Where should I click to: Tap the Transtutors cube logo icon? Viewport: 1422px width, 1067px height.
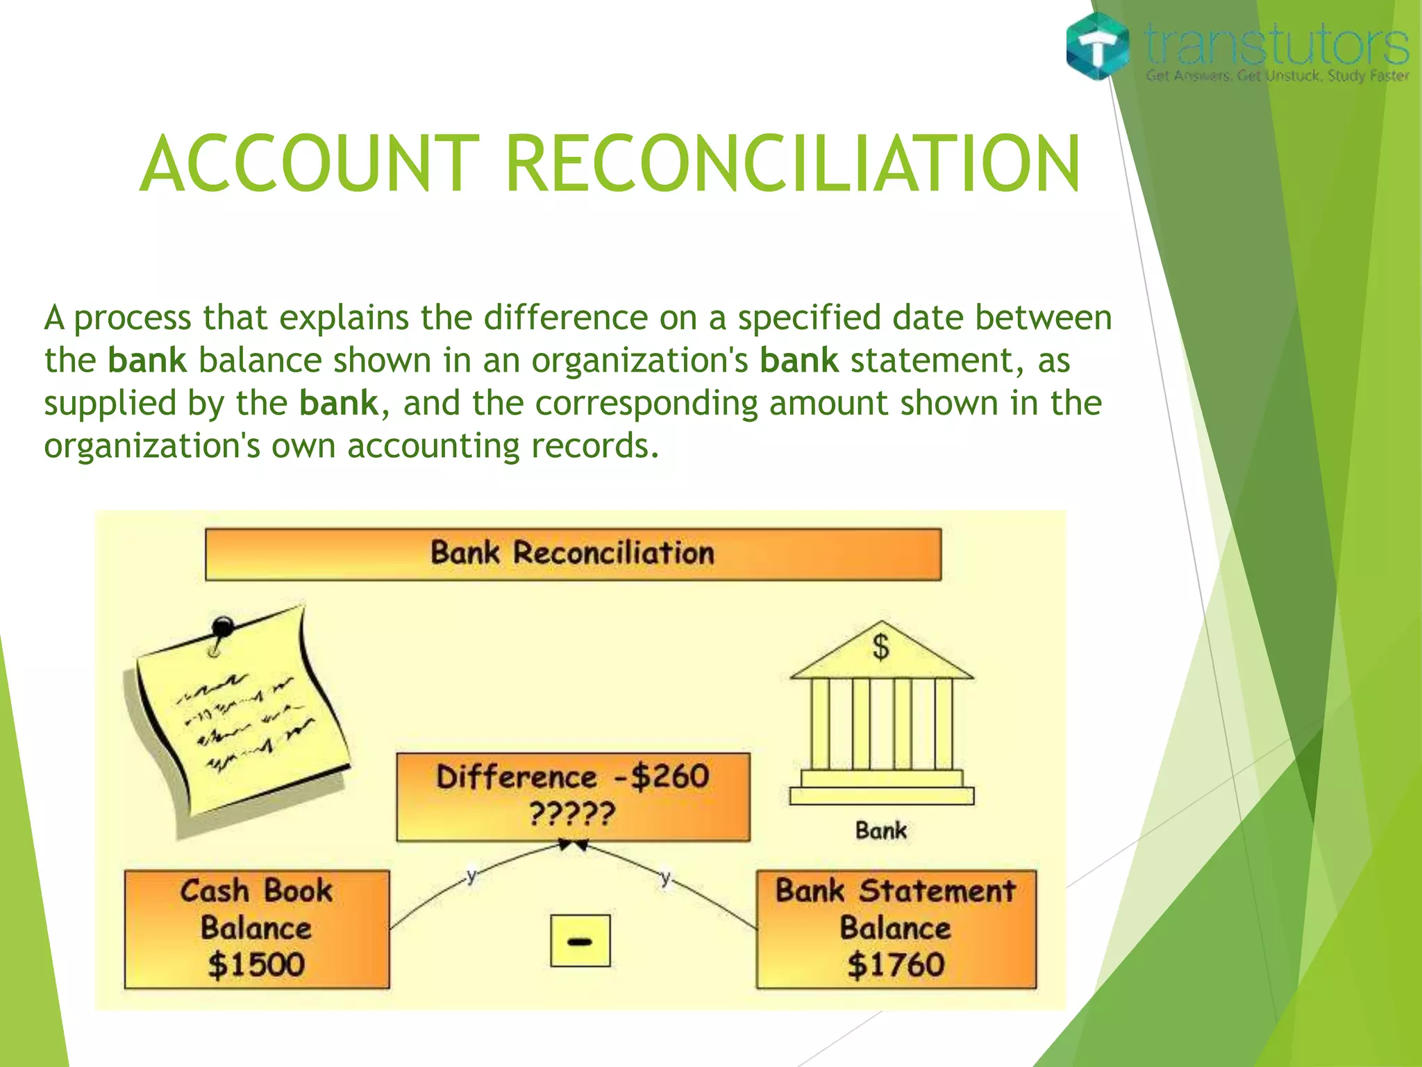pos(1097,46)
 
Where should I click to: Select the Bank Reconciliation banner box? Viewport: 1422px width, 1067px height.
pos(573,554)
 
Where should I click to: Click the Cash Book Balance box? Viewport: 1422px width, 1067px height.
pos(257,929)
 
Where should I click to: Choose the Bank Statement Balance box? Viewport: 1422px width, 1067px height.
pos(896,929)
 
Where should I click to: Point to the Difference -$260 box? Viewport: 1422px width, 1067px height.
pos(573,796)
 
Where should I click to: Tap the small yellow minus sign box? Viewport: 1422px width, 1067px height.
pos(580,941)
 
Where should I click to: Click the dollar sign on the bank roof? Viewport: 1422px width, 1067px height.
pos(880,647)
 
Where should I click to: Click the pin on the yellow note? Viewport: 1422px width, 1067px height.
pos(222,627)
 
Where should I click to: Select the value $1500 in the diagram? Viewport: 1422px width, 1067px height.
pos(256,965)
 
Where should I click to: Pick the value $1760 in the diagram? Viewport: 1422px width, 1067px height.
pos(896,965)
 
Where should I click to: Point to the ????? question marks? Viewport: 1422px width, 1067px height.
pos(572,813)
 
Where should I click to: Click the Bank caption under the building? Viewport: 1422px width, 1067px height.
pos(880,831)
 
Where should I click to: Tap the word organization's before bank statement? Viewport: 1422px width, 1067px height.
pos(639,361)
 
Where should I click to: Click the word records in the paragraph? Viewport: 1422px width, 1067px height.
pos(594,446)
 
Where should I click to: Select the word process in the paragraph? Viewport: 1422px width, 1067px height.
pos(132,319)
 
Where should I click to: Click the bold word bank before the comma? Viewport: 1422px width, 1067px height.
pos(339,404)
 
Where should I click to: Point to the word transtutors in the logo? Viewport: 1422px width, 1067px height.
pos(1276,44)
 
